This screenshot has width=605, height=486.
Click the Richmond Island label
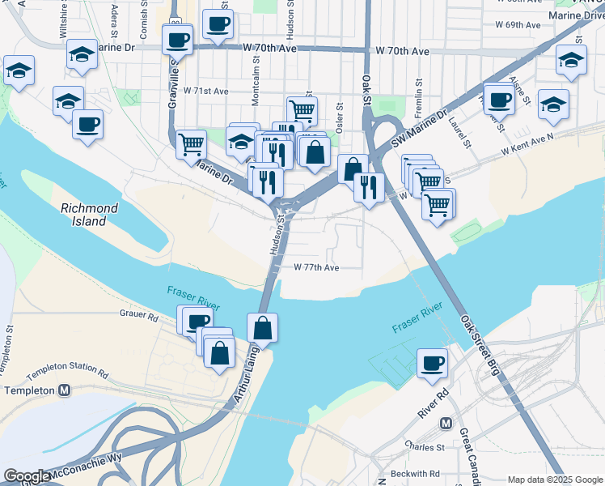tap(90, 215)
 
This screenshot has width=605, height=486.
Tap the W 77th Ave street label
tap(316, 266)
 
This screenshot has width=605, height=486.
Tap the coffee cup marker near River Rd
tap(433, 364)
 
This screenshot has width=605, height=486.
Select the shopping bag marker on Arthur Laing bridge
tap(262, 329)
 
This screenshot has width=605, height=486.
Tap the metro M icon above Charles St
tap(445, 424)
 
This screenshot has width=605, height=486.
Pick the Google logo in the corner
tap(27, 476)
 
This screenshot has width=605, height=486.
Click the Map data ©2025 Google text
tap(555, 480)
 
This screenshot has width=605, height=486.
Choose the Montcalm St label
tap(256, 73)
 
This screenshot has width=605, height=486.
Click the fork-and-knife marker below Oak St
tap(369, 187)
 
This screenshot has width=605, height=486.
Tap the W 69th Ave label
tap(518, 25)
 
